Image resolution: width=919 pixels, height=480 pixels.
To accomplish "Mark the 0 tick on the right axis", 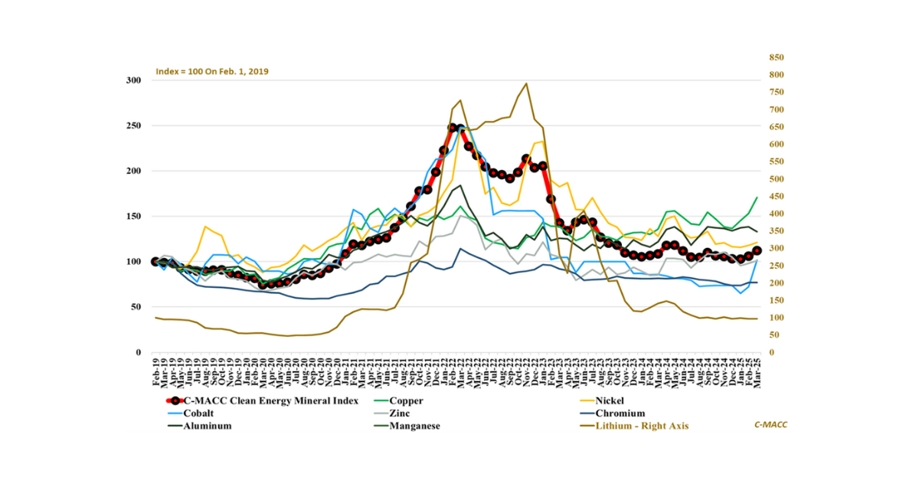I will pyautogui.click(x=771, y=352).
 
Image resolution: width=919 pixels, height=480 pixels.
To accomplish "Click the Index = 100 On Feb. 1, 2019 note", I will pyautogui.click(x=212, y=71).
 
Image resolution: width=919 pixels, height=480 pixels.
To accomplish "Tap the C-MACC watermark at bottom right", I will pyautogui.click(x=770, y=424).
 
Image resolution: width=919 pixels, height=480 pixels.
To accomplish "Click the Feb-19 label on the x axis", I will pyautogui.click(x=155, y=372).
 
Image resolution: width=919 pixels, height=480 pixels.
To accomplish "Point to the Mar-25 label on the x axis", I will pyautogui.click(x=757, y=372).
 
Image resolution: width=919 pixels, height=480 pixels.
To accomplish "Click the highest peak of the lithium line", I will pyautogui.click(x=526, y=83).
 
